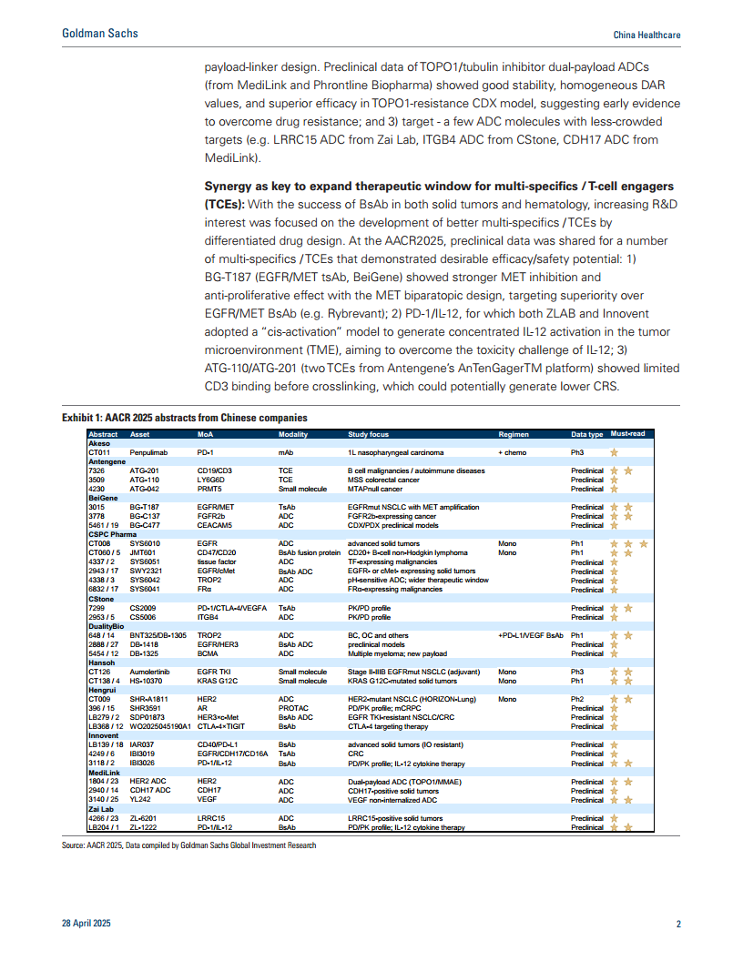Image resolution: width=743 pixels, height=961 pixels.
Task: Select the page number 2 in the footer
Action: click(x=678, y=925)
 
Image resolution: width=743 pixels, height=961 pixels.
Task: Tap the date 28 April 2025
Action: click(x=86, y=925)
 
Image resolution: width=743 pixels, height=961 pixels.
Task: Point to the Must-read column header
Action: click(x=628, y=434)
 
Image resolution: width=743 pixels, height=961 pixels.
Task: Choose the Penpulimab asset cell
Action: click(x=149, y=452)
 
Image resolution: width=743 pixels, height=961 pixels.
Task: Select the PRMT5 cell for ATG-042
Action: click(x=210, y=489)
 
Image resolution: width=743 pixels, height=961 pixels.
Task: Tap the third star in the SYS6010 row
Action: click(x=643, y=543)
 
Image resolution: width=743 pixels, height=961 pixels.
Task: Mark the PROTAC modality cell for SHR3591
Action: click(x=293, y=708)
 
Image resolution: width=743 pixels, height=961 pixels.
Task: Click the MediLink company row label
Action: click(x=104, y=773)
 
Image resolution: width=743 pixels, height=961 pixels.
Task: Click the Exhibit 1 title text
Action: click(x=184, y=418)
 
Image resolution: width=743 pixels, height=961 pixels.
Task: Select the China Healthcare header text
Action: click(x=647, y=35)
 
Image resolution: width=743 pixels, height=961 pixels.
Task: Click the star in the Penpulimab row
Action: click(x=615, y=452)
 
